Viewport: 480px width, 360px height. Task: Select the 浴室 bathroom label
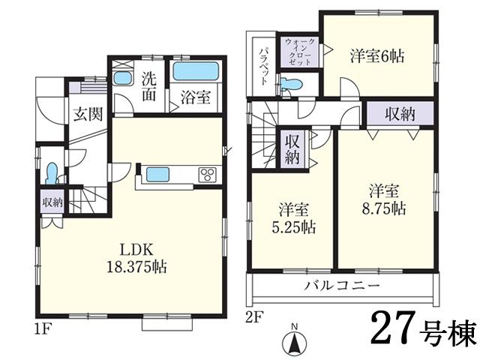point(194,97)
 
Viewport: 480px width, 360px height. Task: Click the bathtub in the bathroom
point(195,73)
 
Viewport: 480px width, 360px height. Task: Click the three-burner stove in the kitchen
point(208,175)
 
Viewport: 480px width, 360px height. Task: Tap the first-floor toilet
point(50,174)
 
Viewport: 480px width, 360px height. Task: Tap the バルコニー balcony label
point(343,286)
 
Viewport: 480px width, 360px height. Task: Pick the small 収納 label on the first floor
point(52,202)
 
